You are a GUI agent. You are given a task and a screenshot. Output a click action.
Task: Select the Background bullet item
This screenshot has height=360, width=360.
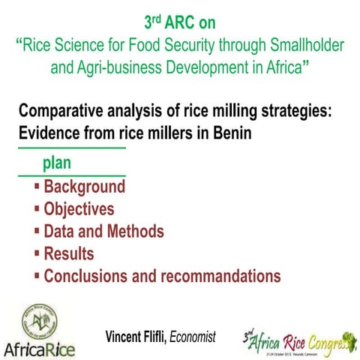click(84, 187)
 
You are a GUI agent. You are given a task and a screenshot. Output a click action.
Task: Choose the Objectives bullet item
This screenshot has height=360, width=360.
click(79, 209)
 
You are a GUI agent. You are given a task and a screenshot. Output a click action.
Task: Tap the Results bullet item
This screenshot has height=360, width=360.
click(69, 253)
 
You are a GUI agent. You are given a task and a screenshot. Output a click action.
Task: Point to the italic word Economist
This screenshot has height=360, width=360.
click(193, 337)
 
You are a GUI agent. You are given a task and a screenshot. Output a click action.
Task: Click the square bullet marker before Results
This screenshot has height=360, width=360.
click(37, 253)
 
